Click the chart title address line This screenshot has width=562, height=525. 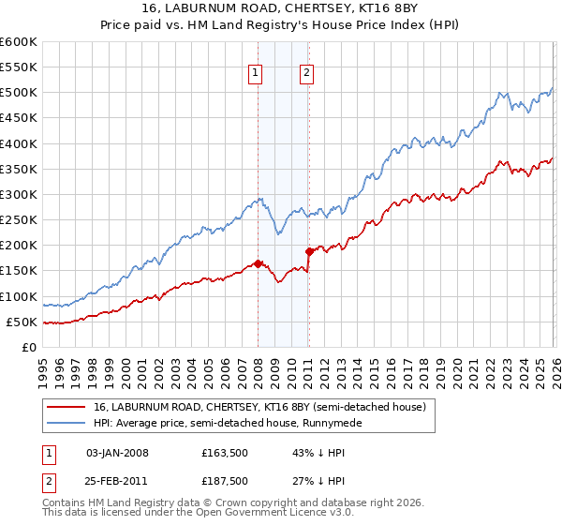click(x=281, y=9)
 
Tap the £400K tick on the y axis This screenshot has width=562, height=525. click(x=18, y=143)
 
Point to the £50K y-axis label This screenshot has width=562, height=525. click(x=21, y=322)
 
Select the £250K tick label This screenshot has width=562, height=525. click(x=18, y=220)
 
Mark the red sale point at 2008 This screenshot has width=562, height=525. click(x=258, y=263)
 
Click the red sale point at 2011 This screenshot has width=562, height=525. click(x=309, y=251)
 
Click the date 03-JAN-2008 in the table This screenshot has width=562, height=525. click(x=117, y=453)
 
